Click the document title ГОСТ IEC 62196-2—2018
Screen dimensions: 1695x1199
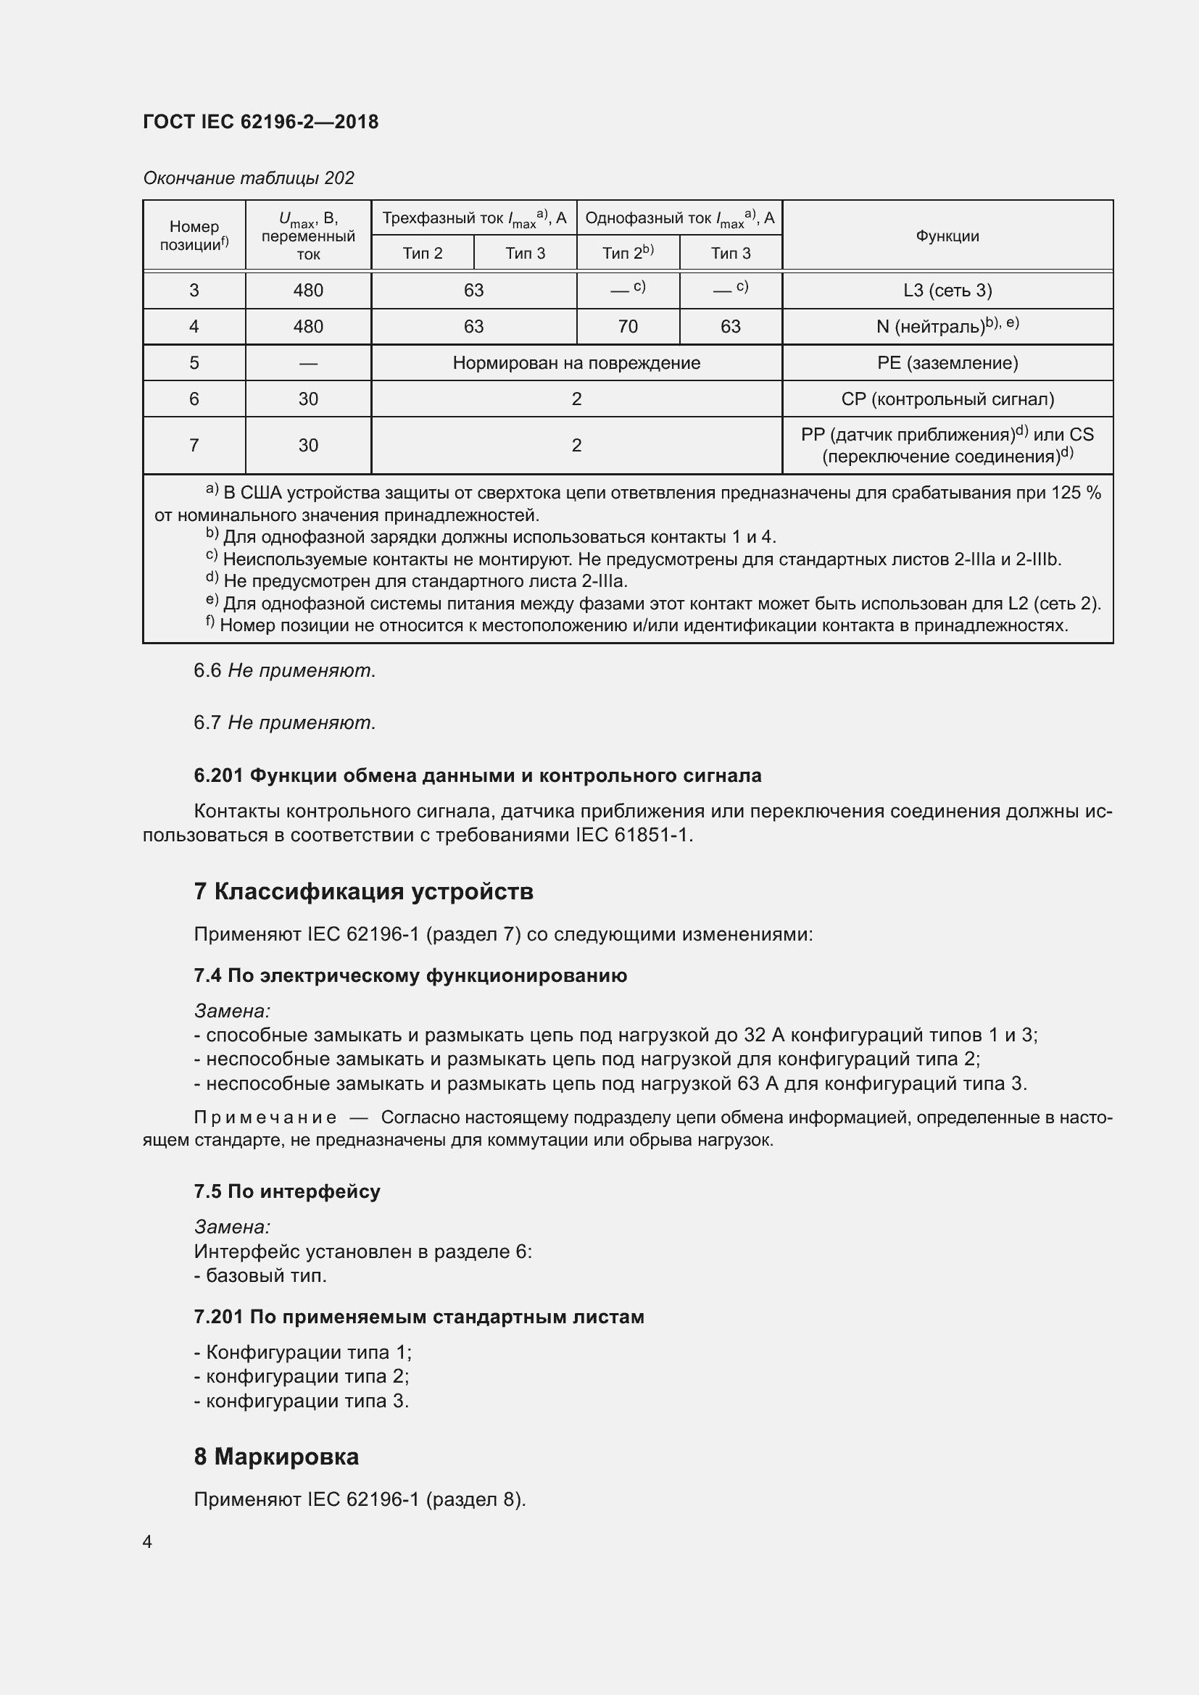(x=261, y=122)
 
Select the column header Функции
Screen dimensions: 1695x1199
(x=947, y=236)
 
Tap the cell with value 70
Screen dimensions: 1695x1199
(x=627, y=326)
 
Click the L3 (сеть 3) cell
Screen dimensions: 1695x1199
(x=947, y=290)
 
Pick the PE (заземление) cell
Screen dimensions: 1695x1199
(x=947, y=362)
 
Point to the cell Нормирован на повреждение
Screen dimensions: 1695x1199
(x=576, y=362)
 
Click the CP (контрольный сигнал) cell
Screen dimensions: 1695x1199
(x=947, y=399)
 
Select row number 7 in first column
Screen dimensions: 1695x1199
(x=194, y=445)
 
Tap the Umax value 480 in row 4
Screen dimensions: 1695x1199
(x=308, y=326)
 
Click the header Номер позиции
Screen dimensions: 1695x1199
(x=194, y=236)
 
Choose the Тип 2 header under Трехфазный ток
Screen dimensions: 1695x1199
(x=423, y=253)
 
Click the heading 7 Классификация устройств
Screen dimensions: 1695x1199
(x=363, y=891)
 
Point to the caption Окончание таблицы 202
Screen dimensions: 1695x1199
(x=248, y=178)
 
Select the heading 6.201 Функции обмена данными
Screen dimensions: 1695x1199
(x=477, y=775)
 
